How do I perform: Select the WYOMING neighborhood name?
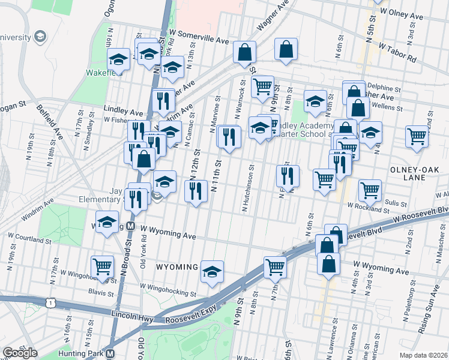(177, 266)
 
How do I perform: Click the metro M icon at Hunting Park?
(110, 354)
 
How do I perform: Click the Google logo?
(20, 352)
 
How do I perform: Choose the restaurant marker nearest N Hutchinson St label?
(288, 175)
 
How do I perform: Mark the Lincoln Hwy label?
(133, 314)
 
